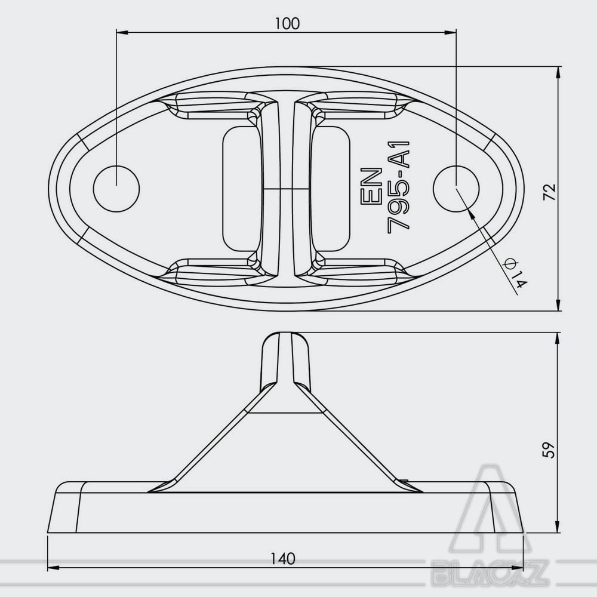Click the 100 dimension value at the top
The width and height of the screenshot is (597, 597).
click(x=287, y=24)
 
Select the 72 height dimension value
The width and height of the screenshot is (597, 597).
click(x=549, y=192)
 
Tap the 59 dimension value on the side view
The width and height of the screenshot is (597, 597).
click(x=549, y=450)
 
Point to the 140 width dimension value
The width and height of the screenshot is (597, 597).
click(x=283, y=559)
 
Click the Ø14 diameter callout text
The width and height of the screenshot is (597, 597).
click(x=516, y=273)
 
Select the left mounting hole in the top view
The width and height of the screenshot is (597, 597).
click(x=116, y=188)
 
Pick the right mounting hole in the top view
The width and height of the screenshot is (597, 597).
click(x=456, y=188)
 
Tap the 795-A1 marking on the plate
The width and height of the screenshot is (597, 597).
click(x=398, y=186)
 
